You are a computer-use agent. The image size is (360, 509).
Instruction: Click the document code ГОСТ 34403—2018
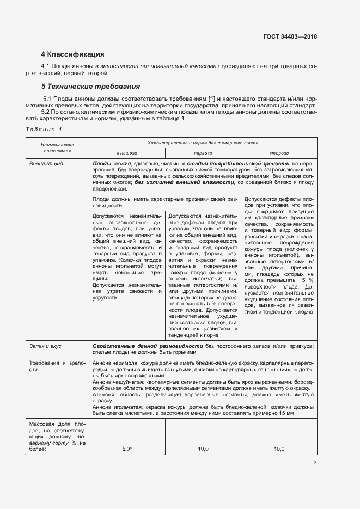(x=289, y=36)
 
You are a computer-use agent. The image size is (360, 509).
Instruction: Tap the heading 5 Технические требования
(x=83, y=86)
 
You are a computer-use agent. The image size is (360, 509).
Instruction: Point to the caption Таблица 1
(x=44, y=128)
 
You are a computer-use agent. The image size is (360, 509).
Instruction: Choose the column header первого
(x=203, y=153)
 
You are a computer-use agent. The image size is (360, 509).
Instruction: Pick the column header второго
(x=279, y=153)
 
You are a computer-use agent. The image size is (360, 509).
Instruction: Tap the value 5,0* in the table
(x=127, y=449)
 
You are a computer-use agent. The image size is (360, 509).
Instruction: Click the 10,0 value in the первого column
(x=203, y=449)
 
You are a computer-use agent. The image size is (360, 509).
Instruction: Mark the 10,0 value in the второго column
(x=279, y=449)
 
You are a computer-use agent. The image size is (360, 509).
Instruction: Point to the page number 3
(x=315, y=463)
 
